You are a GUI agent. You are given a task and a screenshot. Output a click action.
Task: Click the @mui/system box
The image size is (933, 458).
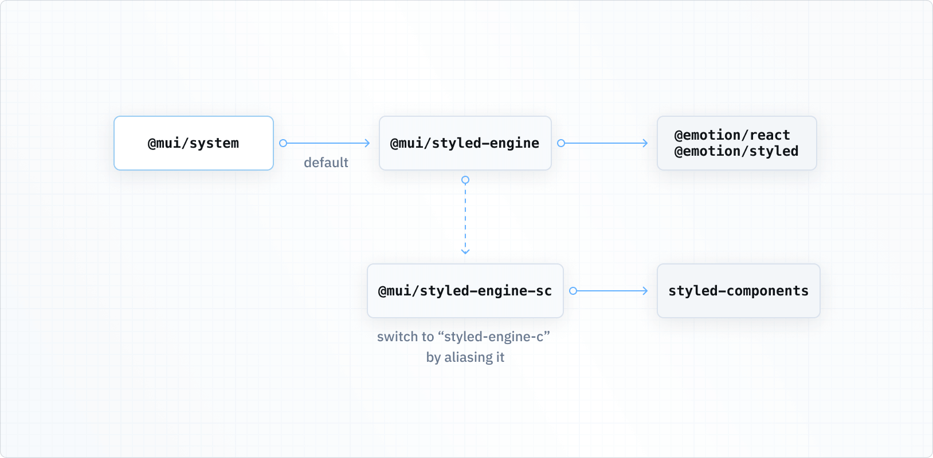pos(194,143)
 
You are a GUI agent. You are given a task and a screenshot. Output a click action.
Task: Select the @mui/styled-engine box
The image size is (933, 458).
pos(465,143)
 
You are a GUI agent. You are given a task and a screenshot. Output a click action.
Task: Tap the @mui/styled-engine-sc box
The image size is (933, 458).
pos(465,291)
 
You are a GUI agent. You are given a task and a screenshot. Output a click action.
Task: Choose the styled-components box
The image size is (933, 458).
pos(738,291)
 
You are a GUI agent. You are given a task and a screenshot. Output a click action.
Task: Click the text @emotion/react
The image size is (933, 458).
pos(732,135)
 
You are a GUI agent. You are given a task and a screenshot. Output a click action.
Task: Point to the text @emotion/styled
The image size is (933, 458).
pos(736,151)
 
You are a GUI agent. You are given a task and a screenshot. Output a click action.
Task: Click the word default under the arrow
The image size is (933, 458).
pos(326,163)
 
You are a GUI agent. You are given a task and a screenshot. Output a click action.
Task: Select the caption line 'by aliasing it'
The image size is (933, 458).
pos(465,357)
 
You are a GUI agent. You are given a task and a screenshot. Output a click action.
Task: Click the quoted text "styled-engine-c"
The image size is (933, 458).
pos(497,337)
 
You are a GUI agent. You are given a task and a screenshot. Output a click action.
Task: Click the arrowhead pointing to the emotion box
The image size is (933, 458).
pos(645,143)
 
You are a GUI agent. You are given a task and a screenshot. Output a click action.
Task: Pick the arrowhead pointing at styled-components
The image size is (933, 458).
pos(645,291)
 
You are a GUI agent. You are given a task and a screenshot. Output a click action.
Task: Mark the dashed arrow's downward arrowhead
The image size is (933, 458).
pos(465,251)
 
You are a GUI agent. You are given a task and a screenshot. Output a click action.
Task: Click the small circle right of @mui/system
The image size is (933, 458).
pos(283,143)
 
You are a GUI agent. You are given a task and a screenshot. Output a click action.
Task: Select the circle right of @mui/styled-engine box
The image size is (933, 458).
pos(561,143)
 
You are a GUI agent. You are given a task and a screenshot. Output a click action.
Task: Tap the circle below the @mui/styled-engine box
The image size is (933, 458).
pos(465,180)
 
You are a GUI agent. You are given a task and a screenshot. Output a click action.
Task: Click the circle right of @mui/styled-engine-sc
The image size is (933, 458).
pos(573,291)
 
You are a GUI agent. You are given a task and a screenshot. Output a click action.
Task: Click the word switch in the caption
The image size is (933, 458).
pos(393,337)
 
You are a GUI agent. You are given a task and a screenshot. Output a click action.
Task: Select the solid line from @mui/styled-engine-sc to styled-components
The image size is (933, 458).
pos(610,291)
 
